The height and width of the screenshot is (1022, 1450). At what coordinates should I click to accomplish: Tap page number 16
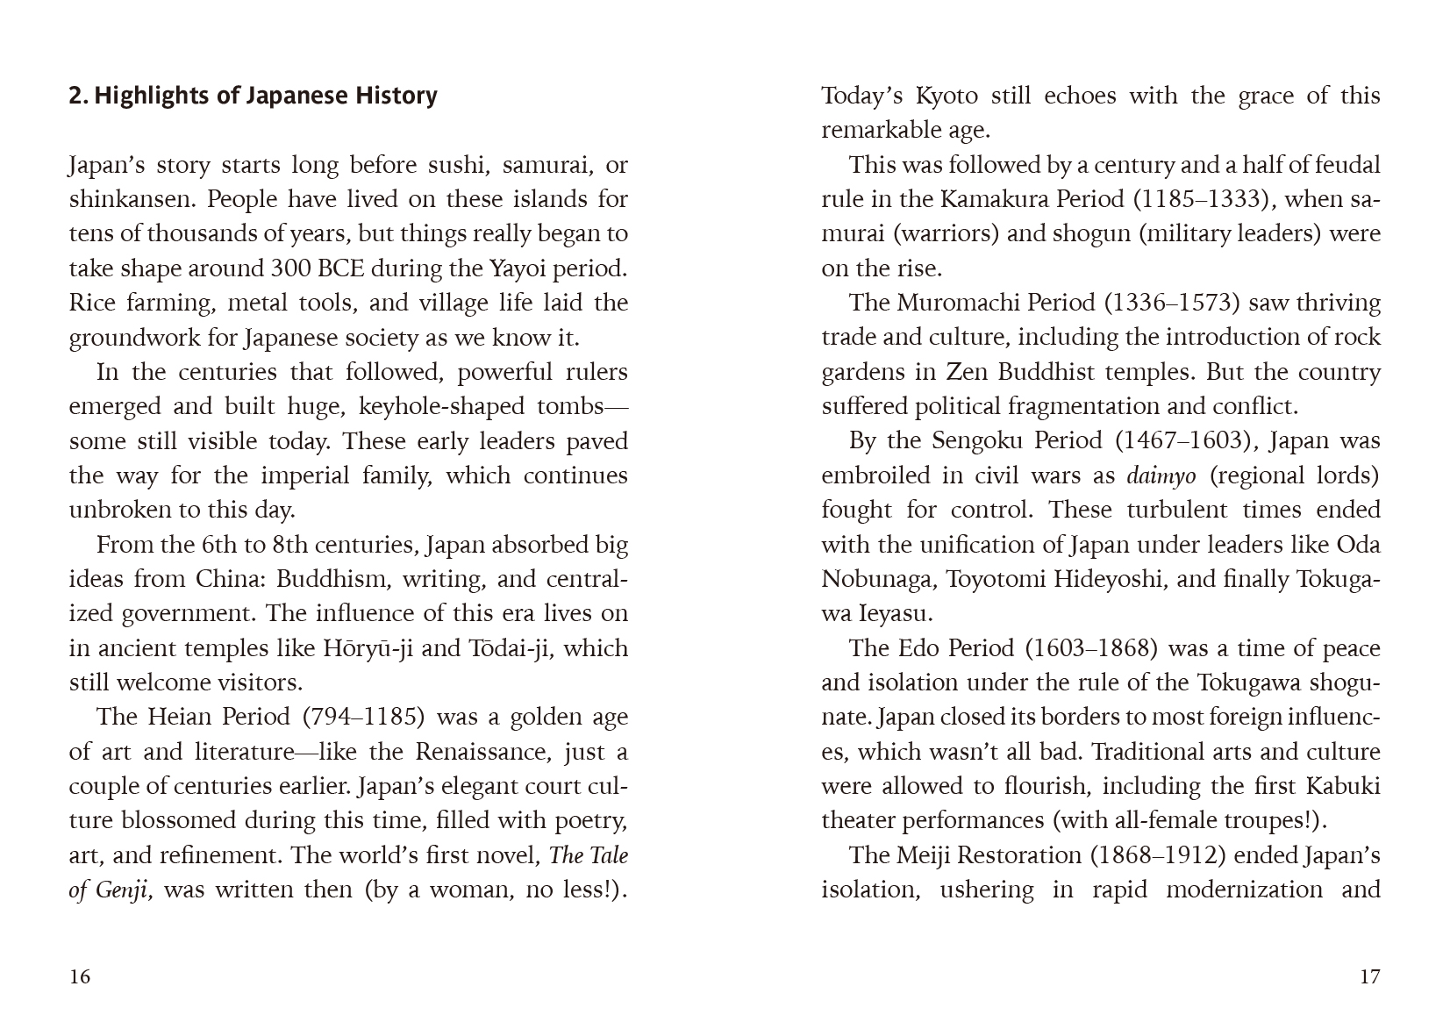80,976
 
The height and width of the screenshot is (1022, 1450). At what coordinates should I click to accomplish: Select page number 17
1369,976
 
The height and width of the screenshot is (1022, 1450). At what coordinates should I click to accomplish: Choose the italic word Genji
124,890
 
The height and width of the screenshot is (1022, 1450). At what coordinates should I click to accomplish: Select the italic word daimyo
1161,475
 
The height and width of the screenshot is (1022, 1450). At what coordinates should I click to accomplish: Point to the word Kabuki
1342,786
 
